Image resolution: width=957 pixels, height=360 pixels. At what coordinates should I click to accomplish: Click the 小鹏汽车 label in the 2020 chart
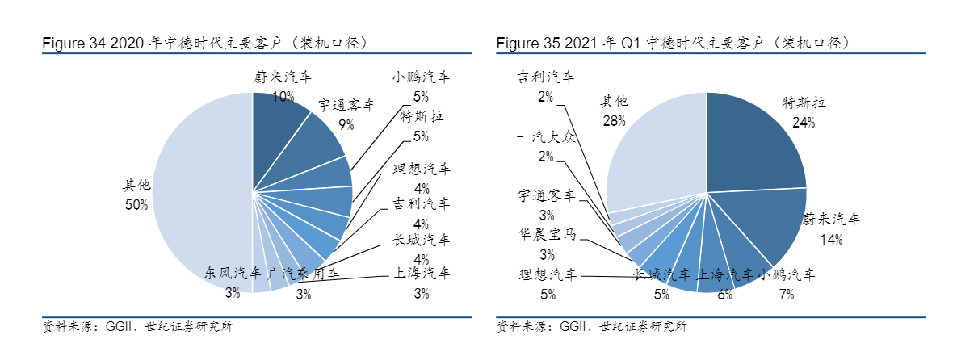(421, 77)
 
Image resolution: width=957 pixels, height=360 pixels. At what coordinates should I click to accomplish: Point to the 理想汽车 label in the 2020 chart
(421, 170)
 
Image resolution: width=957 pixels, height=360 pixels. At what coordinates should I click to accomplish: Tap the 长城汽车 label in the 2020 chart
(421, 241)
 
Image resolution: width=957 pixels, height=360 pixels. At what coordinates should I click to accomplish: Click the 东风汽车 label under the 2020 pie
(233, 273)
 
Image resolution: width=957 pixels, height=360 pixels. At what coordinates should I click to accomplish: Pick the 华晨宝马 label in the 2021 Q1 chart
(546, 235)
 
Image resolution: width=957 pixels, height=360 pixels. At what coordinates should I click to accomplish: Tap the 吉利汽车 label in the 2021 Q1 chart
(546, 77)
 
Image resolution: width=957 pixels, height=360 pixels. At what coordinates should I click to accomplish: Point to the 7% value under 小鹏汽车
(787, 295)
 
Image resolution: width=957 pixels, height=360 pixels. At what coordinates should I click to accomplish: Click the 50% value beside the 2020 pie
(136, 205)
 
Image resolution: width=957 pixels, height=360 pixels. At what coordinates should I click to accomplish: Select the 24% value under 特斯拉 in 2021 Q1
(804, 123)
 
